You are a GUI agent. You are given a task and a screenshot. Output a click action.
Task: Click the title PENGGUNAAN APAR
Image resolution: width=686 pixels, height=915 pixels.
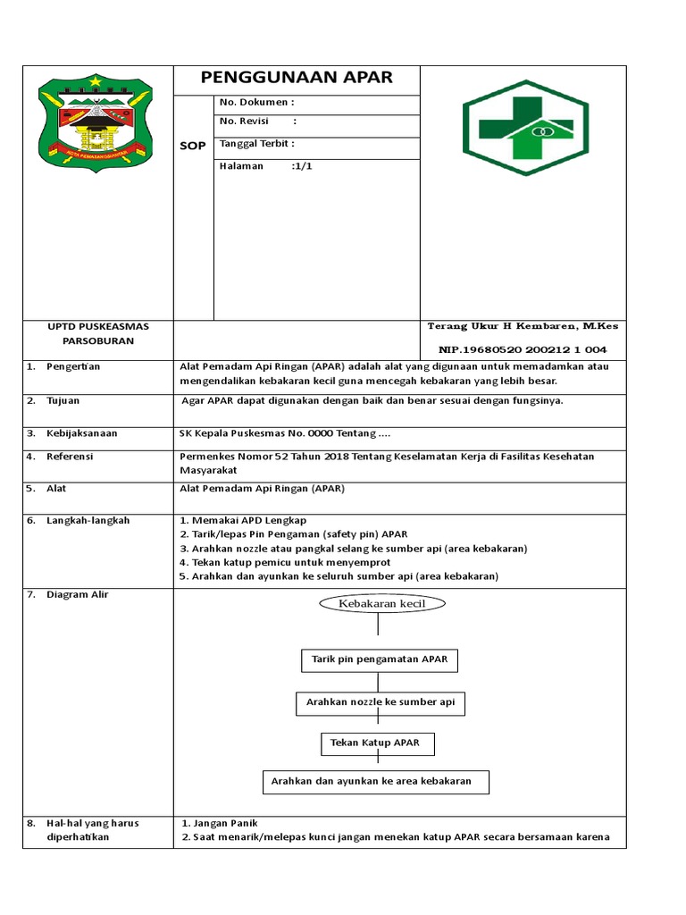click(x=296, y=78)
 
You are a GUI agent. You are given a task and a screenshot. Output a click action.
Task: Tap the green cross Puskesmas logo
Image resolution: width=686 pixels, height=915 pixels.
click(x=524, y=127)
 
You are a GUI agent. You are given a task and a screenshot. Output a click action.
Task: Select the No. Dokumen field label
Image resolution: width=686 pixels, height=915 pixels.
click(x=256, y=103)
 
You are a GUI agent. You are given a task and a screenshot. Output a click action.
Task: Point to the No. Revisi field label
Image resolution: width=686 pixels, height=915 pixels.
click(x=244, y=122)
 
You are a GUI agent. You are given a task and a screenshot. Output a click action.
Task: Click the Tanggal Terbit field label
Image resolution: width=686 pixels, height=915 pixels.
click(x=256, y=144)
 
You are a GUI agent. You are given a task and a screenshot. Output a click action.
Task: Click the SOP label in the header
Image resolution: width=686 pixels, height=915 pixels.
click(x=193, y=146)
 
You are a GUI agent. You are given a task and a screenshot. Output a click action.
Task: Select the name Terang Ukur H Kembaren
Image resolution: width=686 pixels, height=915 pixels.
click(x=523, y=326)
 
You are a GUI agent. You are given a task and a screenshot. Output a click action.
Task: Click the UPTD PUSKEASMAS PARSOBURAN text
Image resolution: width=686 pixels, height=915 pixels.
click(x=98, y=334)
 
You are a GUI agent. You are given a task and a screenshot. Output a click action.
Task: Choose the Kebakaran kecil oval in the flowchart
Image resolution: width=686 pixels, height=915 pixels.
click(x=378, y=604)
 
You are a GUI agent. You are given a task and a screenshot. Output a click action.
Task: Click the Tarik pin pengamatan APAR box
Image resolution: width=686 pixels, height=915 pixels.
click(x=380, y=660)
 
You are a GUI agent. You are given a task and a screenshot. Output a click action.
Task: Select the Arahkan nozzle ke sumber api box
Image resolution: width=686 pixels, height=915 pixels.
click(x=381, y=703)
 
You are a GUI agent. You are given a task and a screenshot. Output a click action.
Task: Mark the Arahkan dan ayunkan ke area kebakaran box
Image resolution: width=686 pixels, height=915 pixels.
click(x=375, y=782)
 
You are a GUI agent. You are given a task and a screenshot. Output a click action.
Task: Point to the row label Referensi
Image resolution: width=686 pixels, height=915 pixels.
click(x=70, y=457)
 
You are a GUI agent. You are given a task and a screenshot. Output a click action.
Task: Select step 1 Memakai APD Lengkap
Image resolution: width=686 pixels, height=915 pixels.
click(x=243, y=520)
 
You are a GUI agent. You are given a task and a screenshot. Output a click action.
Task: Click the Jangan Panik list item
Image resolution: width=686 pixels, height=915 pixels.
click(x=219, y=823)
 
